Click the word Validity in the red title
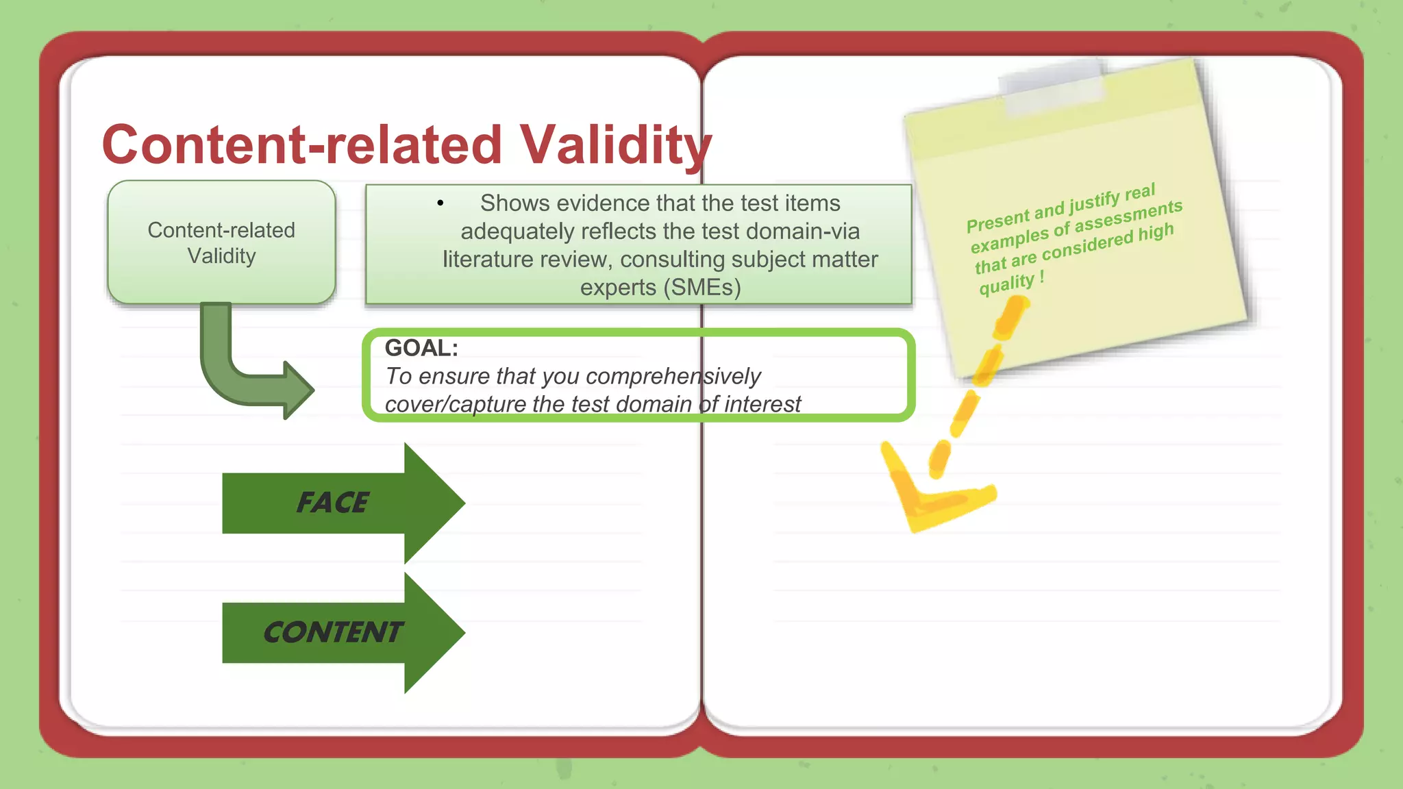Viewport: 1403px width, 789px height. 615,145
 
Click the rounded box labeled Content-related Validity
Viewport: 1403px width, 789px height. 221,242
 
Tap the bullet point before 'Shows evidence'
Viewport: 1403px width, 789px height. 440,203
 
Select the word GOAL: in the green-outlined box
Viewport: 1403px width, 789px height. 421,348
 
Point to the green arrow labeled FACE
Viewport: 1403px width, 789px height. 343,503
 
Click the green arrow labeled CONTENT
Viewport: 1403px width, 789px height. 343,632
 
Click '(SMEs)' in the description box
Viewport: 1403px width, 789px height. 702,288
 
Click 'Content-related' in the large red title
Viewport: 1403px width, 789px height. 302,145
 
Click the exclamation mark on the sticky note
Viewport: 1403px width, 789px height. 1042,276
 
